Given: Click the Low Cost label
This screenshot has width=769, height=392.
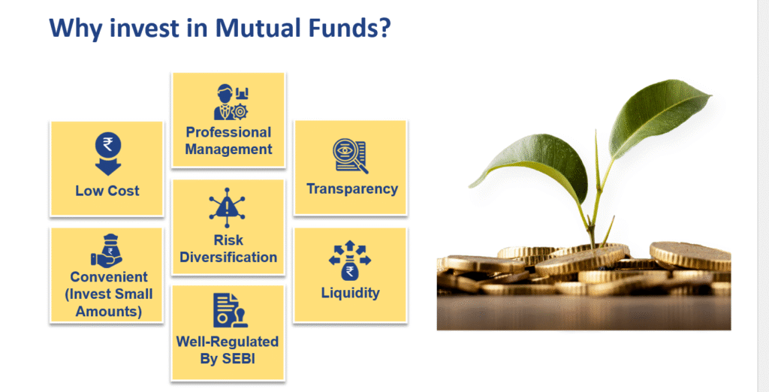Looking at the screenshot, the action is click(x=107, y=191).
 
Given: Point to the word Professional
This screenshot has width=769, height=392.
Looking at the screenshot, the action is click(x=228, y=132).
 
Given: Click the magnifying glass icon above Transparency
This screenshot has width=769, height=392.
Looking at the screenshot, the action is click(x=350, y=156).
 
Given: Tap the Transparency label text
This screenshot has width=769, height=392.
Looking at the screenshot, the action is click(x=352, y=189).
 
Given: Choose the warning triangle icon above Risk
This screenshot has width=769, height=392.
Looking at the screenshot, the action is click(x=227, y=207).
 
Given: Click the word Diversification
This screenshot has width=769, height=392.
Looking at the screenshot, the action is click(x=228, y=257).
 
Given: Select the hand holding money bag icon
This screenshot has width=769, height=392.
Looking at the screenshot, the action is click(x=107, y=251).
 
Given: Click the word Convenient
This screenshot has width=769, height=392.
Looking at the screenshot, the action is click(x=109, y=277).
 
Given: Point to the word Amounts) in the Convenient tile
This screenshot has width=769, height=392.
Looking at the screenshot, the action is click(x=109, y=312).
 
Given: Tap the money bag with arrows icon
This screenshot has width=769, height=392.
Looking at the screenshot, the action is click(x=350, y=260).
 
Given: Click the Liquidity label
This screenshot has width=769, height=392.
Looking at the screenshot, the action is click(x=351, y=293).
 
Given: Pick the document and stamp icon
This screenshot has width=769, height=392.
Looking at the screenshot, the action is click(x=231, y=310).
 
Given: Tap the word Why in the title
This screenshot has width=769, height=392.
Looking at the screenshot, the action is click(x=76, y=29).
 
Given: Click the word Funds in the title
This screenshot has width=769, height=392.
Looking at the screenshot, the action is click(x=342, y=28).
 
